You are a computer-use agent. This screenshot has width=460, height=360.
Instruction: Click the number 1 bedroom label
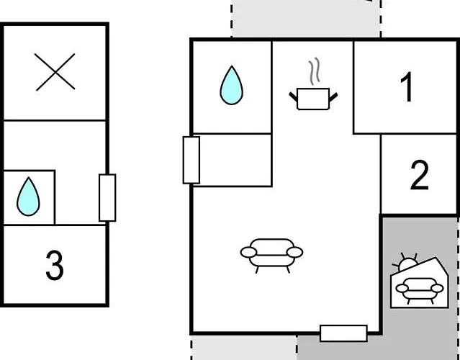click(x=407, y=87)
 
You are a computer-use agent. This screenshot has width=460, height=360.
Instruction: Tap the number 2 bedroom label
click(x=420, y=175)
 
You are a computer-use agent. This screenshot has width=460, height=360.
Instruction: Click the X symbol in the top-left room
click(x=55, y=72)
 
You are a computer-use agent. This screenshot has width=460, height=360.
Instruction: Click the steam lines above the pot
click(x=314, y=71)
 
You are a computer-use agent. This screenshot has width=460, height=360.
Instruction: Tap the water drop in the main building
click(x=232, y=85)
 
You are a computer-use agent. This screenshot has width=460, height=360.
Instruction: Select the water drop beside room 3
click(x=28, y=197)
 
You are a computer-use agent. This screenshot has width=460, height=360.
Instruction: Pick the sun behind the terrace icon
click(x=407, y=263)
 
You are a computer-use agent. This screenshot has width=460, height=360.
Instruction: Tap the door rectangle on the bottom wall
click(x=343, y=333)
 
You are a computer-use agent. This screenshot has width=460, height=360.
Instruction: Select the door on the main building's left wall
click(x=191, y=160)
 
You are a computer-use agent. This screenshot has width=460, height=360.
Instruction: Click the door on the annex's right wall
click(x=107, y=198)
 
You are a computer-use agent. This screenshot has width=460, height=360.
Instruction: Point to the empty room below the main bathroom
click(x=232, y=160)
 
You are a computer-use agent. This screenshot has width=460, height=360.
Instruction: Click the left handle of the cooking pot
click(x=294, y=96)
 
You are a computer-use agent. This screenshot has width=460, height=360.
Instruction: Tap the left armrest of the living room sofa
click(x=248, y=252)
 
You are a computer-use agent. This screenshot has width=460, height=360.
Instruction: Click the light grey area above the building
click(x=306, y=18)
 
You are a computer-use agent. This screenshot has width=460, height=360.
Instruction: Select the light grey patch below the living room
click(x=244, y=348)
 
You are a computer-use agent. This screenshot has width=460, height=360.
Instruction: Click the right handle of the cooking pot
click(x=333, y=97)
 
